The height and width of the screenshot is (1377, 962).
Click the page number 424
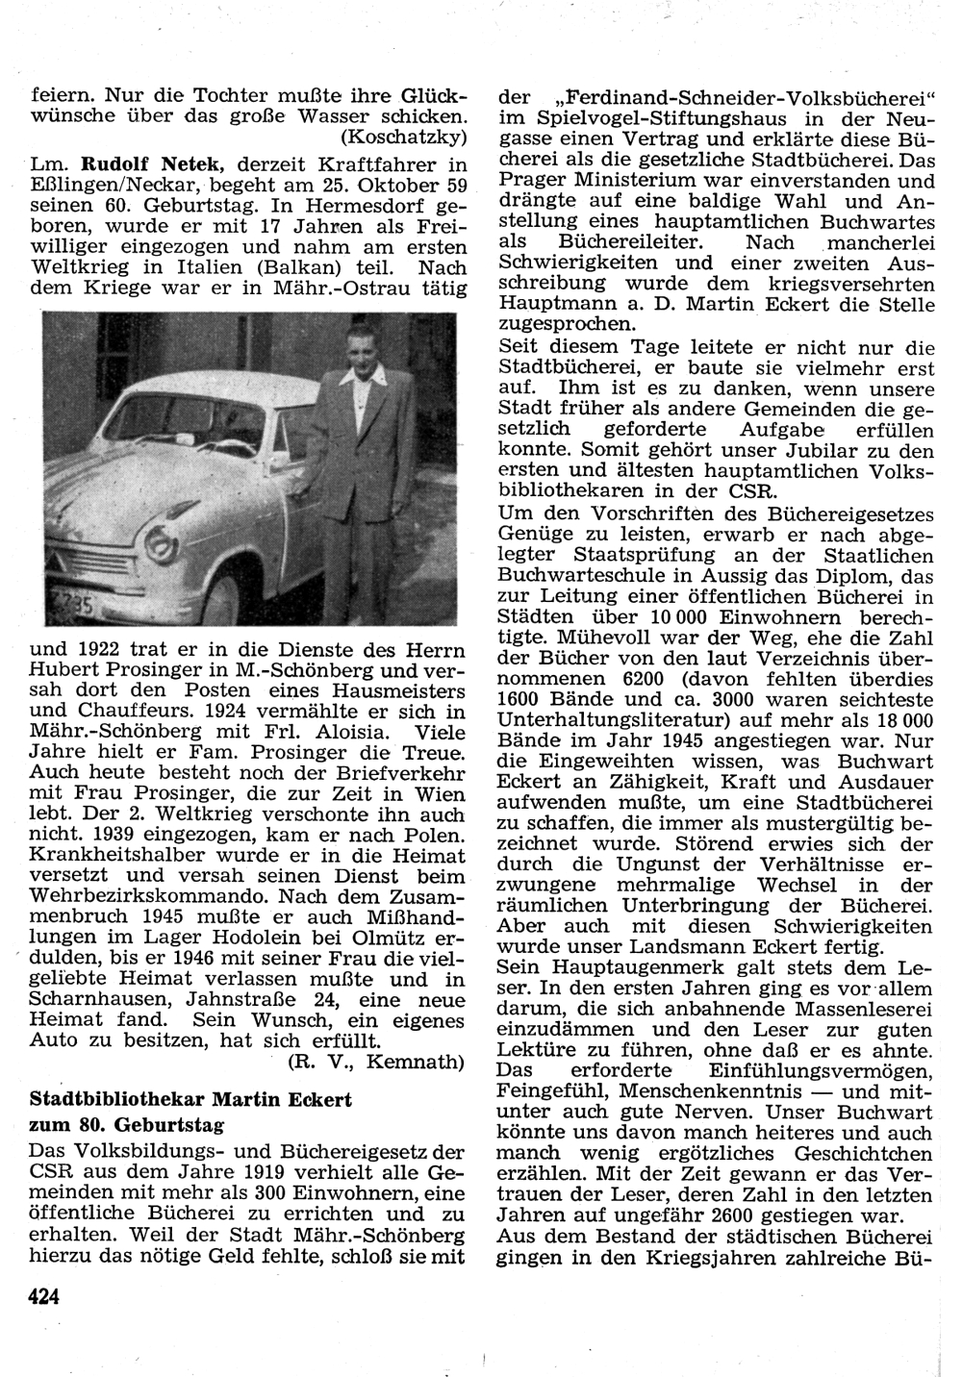[45, 1297]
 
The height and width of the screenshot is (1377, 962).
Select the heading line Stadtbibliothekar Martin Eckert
[190, 1098]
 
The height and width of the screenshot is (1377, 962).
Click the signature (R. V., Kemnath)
[376, 1062]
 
